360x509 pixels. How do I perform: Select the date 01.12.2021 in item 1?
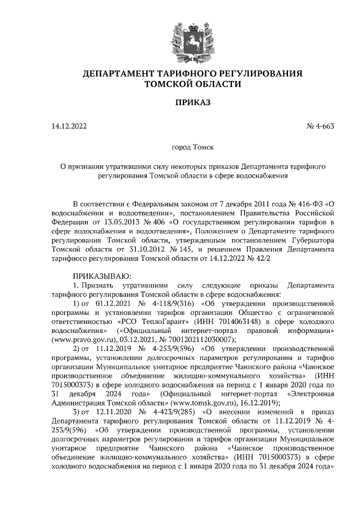tap(116, 303)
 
